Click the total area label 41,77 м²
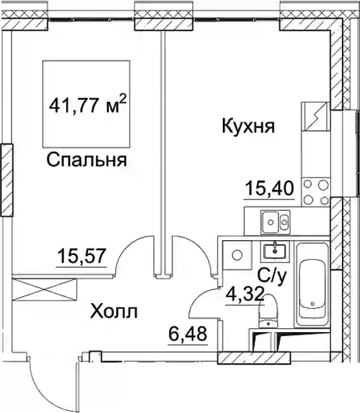88,105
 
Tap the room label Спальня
87,160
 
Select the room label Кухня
249,126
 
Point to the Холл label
114,311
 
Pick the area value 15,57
82,256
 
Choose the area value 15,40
269,188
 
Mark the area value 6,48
188,333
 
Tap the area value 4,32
245,294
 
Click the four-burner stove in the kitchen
317,192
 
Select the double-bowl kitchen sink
275,222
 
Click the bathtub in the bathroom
312,285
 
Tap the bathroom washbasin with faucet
275,252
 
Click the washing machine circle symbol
237,254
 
